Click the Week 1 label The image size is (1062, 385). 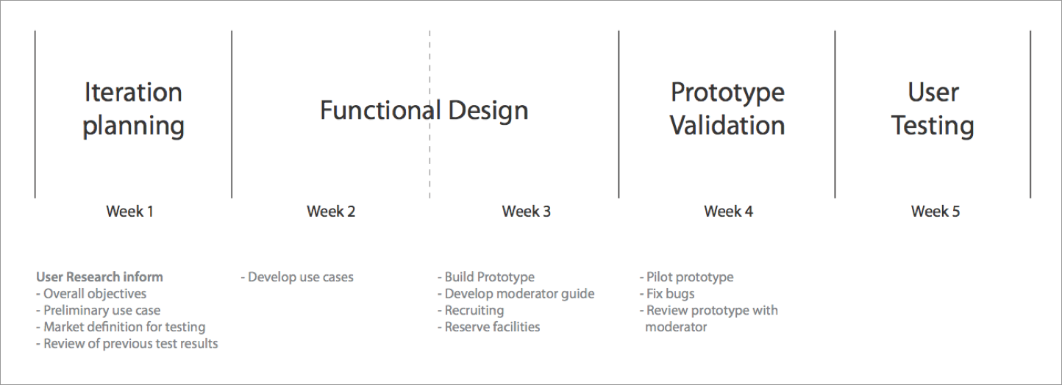pos(129,211)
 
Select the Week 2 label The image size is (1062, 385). pos(331,211)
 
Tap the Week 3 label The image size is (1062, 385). pos(527,211)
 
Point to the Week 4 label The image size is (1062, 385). pos(728,211)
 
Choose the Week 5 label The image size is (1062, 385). pos(936,211)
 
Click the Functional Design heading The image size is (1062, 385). pos(424,110)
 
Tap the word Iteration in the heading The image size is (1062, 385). pos(133,92)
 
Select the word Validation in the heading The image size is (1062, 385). pos(727,126)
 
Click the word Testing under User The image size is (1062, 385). pos(933,126)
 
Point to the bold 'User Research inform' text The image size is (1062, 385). pos(99,277)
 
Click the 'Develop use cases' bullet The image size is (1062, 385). pos(297,277)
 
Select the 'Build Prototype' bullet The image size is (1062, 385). pos(486,277)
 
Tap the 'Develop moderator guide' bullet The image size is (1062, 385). pos(516,294)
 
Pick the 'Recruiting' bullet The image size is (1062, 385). pos(471,311)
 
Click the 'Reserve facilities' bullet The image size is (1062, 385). pos(489,327)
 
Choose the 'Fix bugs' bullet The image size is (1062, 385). pos(667,294)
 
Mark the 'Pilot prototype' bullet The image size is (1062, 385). pos(686,277)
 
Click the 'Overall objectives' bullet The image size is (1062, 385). pos(91,294)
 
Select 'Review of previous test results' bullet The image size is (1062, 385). pos(127,344)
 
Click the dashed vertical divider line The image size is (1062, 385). pos(430,115)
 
